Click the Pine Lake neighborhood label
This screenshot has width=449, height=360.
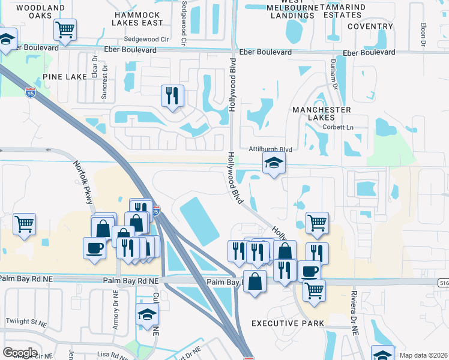coord(64,77)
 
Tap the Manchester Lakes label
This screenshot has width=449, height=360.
coord(321,114)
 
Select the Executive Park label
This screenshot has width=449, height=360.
coord(288,323)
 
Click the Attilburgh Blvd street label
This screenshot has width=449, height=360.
coord(270,149)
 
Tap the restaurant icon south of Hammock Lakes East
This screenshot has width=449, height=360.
coord(172,95)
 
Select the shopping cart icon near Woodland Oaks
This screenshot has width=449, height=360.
coord(65,29)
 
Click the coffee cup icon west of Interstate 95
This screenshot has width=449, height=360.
coord(94,248)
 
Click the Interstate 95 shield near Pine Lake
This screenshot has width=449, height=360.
coord(31,92)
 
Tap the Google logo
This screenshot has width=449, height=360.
coord(20,352)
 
